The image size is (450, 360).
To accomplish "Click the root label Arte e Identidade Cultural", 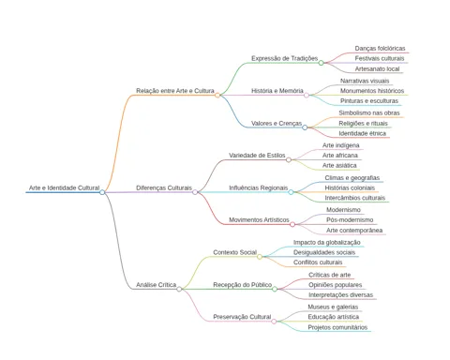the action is (64, 187).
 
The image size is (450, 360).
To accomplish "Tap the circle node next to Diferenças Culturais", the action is (195, 192).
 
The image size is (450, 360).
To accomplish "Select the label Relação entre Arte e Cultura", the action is (175, 91).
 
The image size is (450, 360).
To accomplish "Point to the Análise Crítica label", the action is (156, 285).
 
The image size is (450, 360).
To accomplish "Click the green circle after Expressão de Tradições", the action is (321, 63).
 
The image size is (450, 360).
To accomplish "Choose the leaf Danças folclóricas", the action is (380, 49).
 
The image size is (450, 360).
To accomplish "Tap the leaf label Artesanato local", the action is (377, 68).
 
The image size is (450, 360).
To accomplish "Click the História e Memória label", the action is (277, 91).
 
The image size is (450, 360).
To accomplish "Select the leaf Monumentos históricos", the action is (372, 91).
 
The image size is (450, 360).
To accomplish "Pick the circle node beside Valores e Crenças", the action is (305, 127).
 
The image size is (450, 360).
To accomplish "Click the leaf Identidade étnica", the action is (362, 133).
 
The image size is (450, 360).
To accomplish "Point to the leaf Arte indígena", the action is (341, 145).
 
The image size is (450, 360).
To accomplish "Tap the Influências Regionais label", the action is (258, 187).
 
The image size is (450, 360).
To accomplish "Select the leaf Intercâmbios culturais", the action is (355, 198).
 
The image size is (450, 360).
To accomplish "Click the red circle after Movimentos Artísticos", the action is (292, 224).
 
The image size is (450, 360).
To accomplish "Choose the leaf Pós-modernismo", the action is (350, 219).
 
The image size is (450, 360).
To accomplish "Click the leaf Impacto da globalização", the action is (327, 243).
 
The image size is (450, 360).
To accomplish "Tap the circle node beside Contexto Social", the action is (260, 257).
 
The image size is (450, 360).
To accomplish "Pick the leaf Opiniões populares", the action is (336, 285).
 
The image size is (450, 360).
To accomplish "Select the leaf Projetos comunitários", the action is (337, 327).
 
